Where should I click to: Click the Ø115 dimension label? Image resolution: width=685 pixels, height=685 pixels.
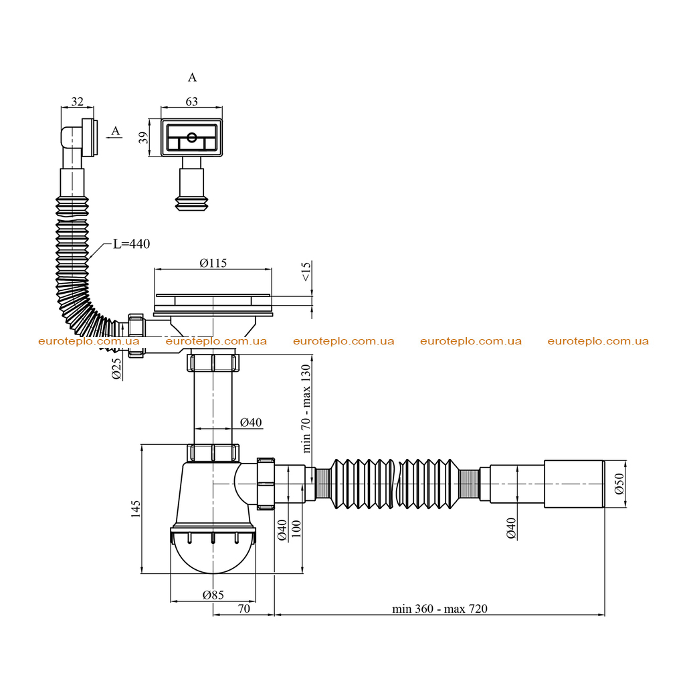[213, 263]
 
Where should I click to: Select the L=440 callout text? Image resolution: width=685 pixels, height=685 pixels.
[132, 243]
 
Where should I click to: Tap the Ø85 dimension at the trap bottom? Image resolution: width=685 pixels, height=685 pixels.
[213, 595]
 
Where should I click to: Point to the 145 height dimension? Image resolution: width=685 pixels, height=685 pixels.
[136, 509]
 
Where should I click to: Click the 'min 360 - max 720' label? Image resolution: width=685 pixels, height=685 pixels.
[439, 609]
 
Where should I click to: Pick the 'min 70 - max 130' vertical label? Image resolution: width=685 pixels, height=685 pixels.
[306, 409]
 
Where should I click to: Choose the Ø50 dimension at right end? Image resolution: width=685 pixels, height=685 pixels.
[619, 484]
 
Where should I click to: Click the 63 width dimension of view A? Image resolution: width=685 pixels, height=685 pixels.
[192, 102]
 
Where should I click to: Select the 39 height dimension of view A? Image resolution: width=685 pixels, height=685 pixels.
[143, 138]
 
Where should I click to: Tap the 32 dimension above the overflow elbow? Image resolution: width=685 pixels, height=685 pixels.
[78, 102]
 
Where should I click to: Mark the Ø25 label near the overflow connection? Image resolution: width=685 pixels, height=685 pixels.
[116, 369]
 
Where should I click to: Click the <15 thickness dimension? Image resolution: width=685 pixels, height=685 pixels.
[306, 272]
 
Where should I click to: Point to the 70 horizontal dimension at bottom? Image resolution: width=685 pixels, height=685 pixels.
[243, 609]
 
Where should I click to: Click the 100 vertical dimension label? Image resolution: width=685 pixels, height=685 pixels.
[296, 528]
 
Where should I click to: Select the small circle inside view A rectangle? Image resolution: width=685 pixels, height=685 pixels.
[192, 138]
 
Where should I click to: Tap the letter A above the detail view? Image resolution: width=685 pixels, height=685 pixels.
[192, 78]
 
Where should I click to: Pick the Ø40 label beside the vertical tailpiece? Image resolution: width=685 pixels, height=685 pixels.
[251, 423]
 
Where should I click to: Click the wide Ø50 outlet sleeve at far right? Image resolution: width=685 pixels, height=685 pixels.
[574, 484]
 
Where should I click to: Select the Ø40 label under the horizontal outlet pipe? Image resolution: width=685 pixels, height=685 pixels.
[511, 528]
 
